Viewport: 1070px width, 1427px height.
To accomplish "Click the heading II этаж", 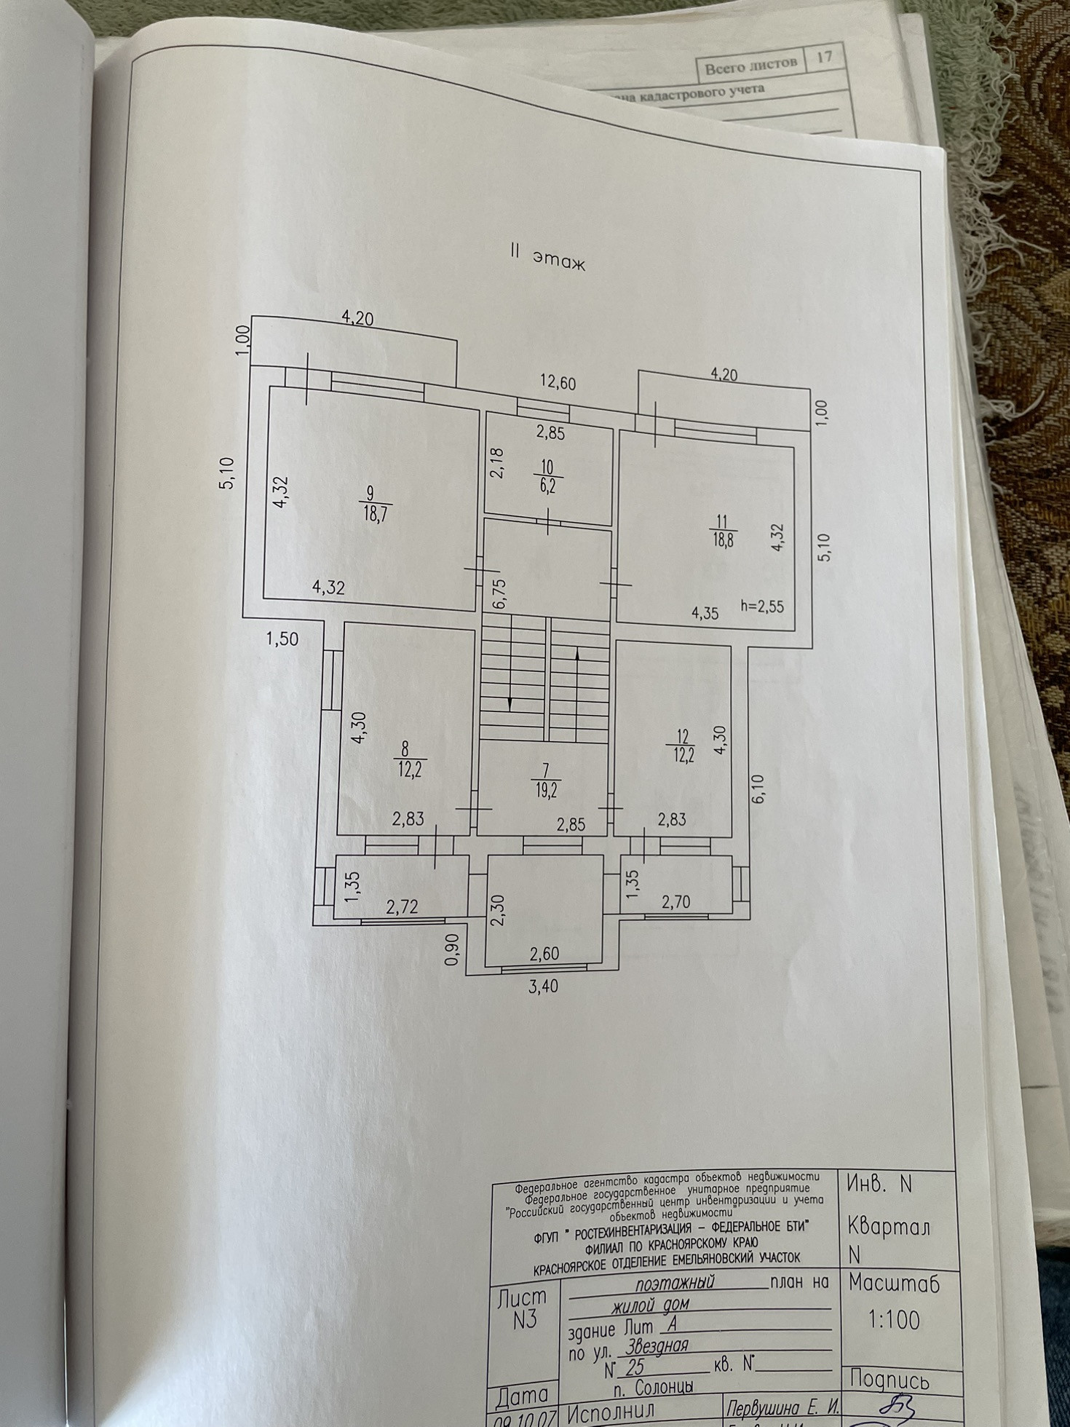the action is click(x=547, y=259).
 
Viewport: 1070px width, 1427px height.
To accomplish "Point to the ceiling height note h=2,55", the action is click(x=762, y=606).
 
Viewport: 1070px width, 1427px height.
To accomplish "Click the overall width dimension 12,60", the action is click(x=558, y=381).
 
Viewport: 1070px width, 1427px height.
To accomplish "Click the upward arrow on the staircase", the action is click(x=577, y=655).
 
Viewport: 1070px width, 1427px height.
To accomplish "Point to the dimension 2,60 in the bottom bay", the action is click(x=544, y=954).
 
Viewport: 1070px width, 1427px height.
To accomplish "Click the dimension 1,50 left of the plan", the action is click(x=282, y=639).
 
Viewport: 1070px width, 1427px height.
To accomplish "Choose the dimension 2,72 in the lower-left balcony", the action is click(x=402, y=908).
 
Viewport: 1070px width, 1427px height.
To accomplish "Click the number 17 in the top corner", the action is click(x=824, y=57).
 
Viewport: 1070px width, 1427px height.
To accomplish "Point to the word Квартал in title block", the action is click(x=889, y=1228).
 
